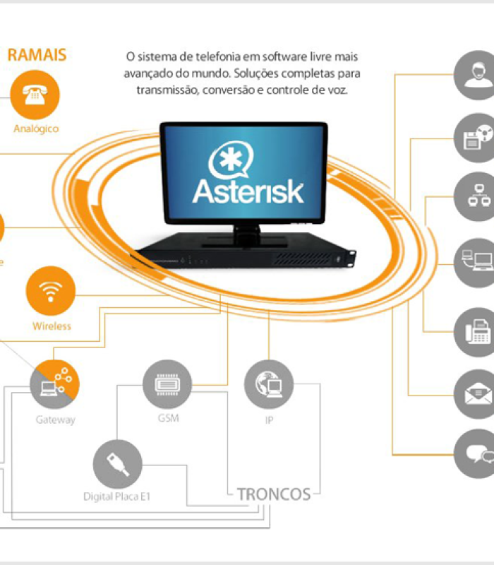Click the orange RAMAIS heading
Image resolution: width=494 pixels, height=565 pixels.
click(37, 54)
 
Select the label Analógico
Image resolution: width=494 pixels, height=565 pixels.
click(36, 129)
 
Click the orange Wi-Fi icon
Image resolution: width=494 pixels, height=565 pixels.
click(51, 292)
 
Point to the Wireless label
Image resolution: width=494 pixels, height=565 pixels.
click(52, 326)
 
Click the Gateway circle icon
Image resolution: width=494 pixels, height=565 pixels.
click(54, 385)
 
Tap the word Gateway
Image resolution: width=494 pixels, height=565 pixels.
click(55, 420)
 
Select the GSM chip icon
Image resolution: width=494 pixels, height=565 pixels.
click(167, 384)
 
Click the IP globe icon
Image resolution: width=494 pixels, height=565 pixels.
click(269, 384)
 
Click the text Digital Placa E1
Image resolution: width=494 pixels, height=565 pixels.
click(116, 496)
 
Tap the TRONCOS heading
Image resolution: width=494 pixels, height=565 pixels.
click(274, 494)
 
